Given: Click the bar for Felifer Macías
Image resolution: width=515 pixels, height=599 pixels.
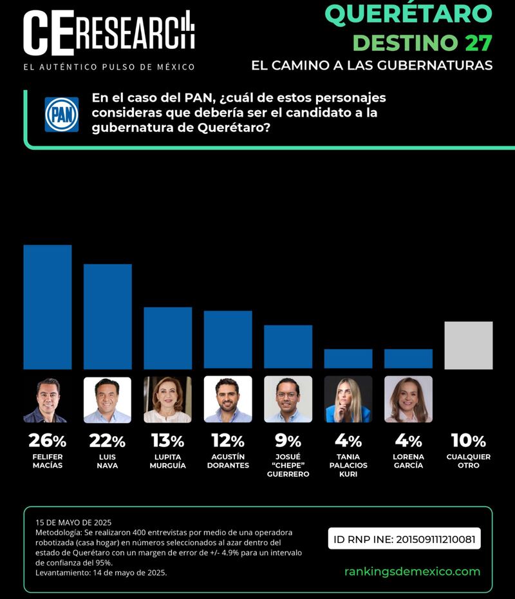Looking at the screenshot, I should coord(47,307).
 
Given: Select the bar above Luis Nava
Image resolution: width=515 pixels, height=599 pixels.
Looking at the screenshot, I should coord(108,316).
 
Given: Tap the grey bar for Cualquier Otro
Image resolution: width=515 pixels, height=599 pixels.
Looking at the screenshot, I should coord(468,345).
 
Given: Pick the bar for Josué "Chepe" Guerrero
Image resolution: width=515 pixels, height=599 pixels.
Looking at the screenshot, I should coord(288,347).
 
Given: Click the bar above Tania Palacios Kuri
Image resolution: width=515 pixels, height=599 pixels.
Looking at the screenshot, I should coord(348,359).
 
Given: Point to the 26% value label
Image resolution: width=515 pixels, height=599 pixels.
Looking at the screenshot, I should coord(47,441).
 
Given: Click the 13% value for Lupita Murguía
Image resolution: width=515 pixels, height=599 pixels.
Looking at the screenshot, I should coord(167,441).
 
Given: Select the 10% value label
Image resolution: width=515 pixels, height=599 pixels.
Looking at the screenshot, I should coord(468,441).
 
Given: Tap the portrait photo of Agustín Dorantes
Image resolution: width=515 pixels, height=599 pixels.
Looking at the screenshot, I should coord(228,399).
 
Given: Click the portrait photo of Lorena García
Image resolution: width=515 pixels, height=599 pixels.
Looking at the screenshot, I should coord(408,399).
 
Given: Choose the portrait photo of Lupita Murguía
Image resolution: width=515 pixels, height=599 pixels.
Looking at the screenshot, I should coord(167,399).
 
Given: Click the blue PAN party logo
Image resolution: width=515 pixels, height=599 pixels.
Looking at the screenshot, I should coord(62,115).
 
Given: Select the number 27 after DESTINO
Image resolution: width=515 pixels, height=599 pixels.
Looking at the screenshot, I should coord(478,43).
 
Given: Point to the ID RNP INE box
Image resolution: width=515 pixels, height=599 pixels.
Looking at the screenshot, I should coord(404,538).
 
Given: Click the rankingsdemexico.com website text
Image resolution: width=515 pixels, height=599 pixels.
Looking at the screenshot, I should coord(412,571).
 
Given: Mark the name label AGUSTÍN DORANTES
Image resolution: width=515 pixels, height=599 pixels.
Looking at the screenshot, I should coord(228,461).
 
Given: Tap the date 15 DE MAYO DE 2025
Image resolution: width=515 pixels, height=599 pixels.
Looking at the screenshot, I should coord(73,522).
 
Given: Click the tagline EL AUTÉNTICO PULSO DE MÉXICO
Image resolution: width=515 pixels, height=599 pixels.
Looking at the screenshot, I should coord(109,67).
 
